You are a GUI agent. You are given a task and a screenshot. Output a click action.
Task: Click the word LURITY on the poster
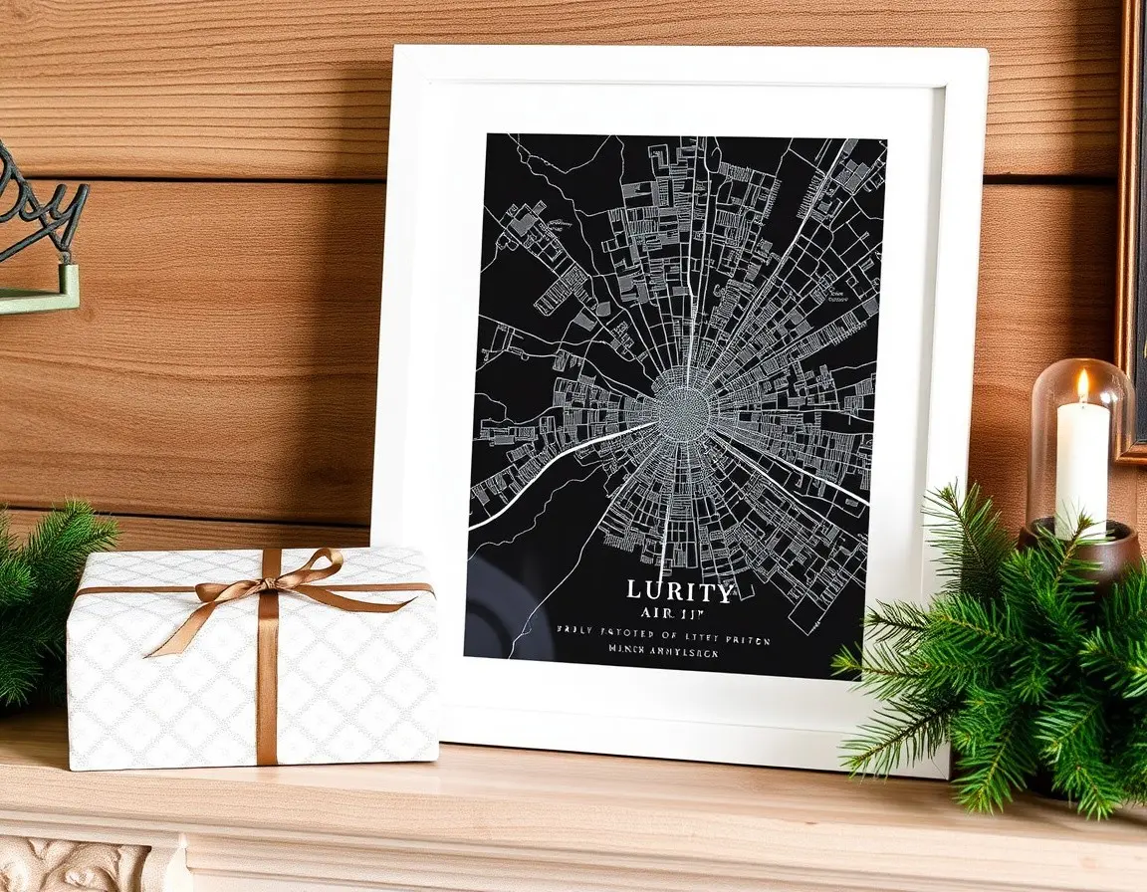pyautogui.click(x=681, y=591)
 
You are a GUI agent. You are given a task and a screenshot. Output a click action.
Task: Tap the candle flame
pyautogui.click(x=1083, y=385)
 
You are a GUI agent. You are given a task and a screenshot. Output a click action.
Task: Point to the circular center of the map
pyautogui.click(x=682, y=407)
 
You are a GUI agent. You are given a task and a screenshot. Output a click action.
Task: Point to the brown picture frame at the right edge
pyautogui.click(x=1131, y=229)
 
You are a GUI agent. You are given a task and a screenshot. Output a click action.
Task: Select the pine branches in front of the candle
pyautogui.click(x=996, y=647)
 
